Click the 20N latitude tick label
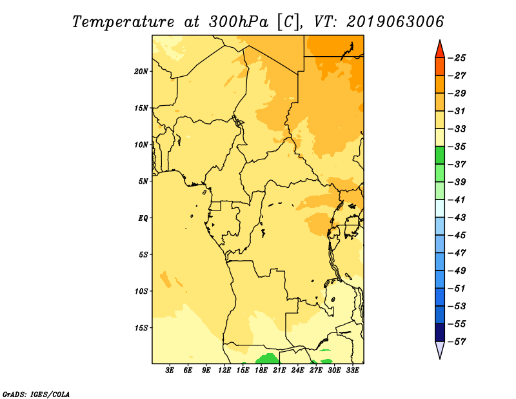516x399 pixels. [141, 72]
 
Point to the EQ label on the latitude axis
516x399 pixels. [143, 218]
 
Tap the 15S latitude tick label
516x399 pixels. [141, 328]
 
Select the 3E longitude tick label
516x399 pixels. [170, 370]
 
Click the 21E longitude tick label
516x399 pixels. [279, 370]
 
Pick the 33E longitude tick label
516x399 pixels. [352, 370]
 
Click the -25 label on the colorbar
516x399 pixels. [457, 58]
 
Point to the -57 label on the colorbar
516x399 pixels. [457, 342]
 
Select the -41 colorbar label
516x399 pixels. [457, 200]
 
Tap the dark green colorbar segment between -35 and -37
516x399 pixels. [440, 156]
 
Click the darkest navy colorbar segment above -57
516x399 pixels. [440, 332]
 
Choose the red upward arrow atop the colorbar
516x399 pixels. [440, 49]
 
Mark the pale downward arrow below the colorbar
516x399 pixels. [440, 350]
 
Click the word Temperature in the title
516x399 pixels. [123, 22]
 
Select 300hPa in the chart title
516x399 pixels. [239, 22]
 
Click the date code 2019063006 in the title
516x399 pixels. [395, 22]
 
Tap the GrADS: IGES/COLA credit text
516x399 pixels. [36, 394]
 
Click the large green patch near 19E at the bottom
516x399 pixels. [269, 358]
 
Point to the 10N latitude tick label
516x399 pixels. [141, 145]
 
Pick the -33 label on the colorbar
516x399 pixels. [457, 129]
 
